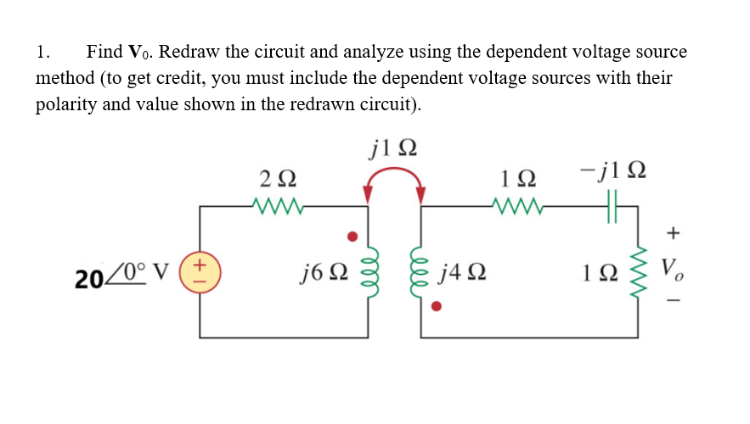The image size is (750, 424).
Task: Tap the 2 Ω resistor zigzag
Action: click(x=276, y=204)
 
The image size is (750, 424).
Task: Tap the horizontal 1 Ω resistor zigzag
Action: click(x=514, y=204)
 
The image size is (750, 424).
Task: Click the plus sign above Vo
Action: click(x=673, y=231)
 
